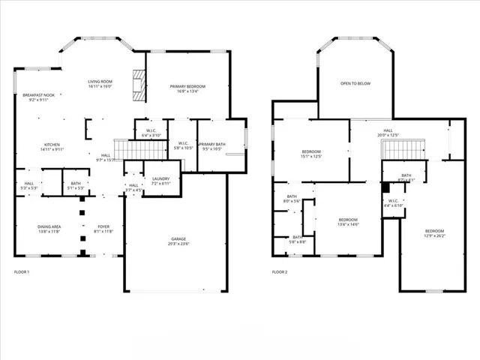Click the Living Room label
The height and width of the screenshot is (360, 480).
[100, 84]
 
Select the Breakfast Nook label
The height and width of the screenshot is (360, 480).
[38, 97]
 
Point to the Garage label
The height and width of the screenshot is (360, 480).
[178, 241]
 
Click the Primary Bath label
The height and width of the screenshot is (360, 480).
[212, 146]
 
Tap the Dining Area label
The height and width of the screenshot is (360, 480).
[50, 229]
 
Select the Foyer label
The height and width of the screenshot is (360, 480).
[103, 229]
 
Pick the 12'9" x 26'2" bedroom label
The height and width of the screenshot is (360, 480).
[434, 233]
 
